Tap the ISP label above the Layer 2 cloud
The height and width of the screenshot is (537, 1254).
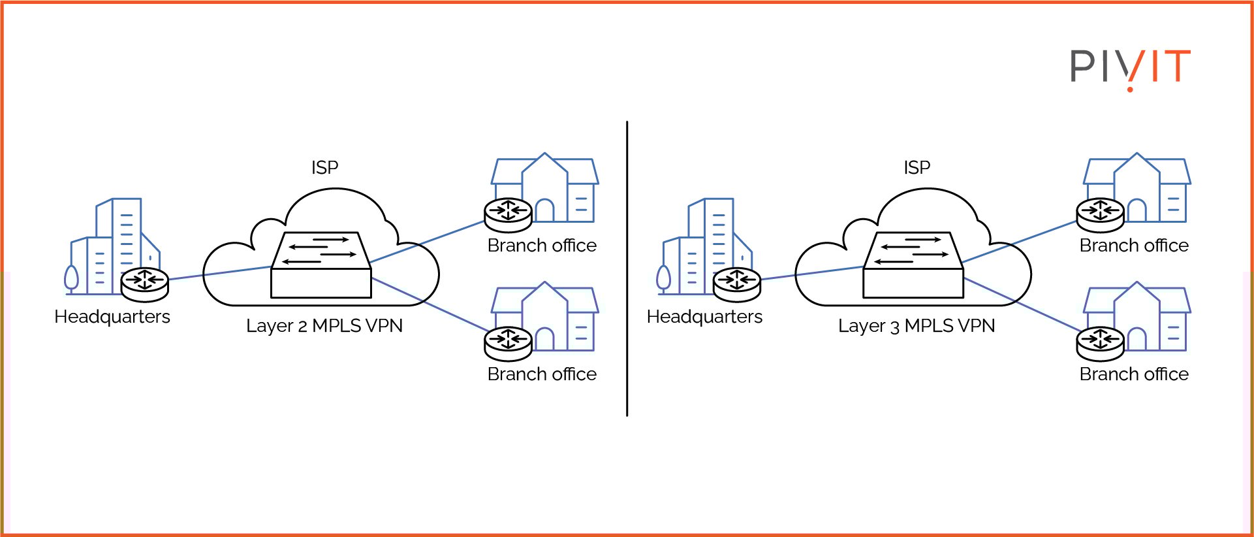tap(324, 168)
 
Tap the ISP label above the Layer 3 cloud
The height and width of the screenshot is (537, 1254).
tap(917, 168)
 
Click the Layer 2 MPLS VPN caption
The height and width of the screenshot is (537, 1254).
tap(324, 325)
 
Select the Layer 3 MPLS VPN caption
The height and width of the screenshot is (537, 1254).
tap(917, 325)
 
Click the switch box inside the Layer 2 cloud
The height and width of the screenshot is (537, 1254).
tap(321, 266)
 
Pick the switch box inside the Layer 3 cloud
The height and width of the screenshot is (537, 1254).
tap(913, 266)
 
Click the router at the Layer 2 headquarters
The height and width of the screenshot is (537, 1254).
tap(145, 284)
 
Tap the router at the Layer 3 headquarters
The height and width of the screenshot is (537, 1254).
tap(737, 284)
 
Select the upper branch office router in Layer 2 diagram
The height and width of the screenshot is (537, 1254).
tap(509, 214)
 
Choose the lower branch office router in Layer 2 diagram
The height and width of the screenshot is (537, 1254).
tap(509, 343)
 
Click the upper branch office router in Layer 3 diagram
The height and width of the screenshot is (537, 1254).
tap(1101, 214)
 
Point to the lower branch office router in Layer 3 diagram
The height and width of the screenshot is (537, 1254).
tap(1101, 343)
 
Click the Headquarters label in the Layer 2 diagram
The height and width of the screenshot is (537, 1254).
tap(112, 317)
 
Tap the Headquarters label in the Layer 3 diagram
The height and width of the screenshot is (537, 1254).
tap(704, 317)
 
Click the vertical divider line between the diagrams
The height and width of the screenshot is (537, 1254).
tap(627, 268)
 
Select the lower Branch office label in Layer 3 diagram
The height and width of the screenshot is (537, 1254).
tap(1134, 374)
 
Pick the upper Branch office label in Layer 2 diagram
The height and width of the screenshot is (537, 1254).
tap(542, 246)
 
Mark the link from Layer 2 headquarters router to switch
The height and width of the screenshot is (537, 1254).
tap(219, 273)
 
